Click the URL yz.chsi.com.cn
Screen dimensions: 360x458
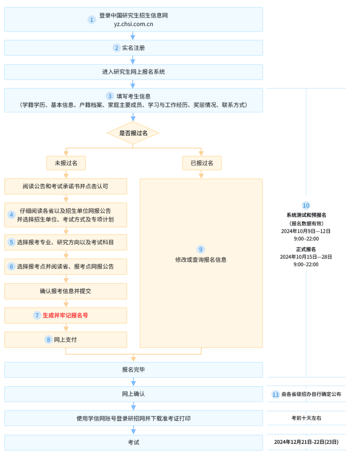click(x=133, y=24)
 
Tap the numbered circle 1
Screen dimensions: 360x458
click(x=92, y=19)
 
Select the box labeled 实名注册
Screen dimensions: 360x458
click(x=133, y=48)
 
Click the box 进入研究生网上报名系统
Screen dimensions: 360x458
click(x=133, y=72)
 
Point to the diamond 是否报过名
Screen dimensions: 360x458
click(x=133, y=133)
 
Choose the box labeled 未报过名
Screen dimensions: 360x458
click(x=66, y=163)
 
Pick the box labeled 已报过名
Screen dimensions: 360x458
click(x=202, y=163)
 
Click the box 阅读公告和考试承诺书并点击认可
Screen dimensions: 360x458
click(x=66, y=186)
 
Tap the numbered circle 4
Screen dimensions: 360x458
click(x=11, y=215)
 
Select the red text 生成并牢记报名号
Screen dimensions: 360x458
click(x=65, y=315)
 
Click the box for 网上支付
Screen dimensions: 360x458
click(x=66, y=340)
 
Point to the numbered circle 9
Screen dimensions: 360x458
click(x=201, y=249)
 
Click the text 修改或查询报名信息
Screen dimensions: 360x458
click(x=201, y=260)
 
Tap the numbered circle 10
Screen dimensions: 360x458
click(x=306, y=206)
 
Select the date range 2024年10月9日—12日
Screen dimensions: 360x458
click(x=306, y=231)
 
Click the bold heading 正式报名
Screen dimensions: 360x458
click(x=306, y=249)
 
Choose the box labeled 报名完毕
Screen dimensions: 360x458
click(x=133, y=370)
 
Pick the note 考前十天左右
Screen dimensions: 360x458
click(x=306, y=418)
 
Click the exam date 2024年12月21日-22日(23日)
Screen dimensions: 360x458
click(x=306, y=442)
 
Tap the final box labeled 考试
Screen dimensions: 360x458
click(x=133, y=442)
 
